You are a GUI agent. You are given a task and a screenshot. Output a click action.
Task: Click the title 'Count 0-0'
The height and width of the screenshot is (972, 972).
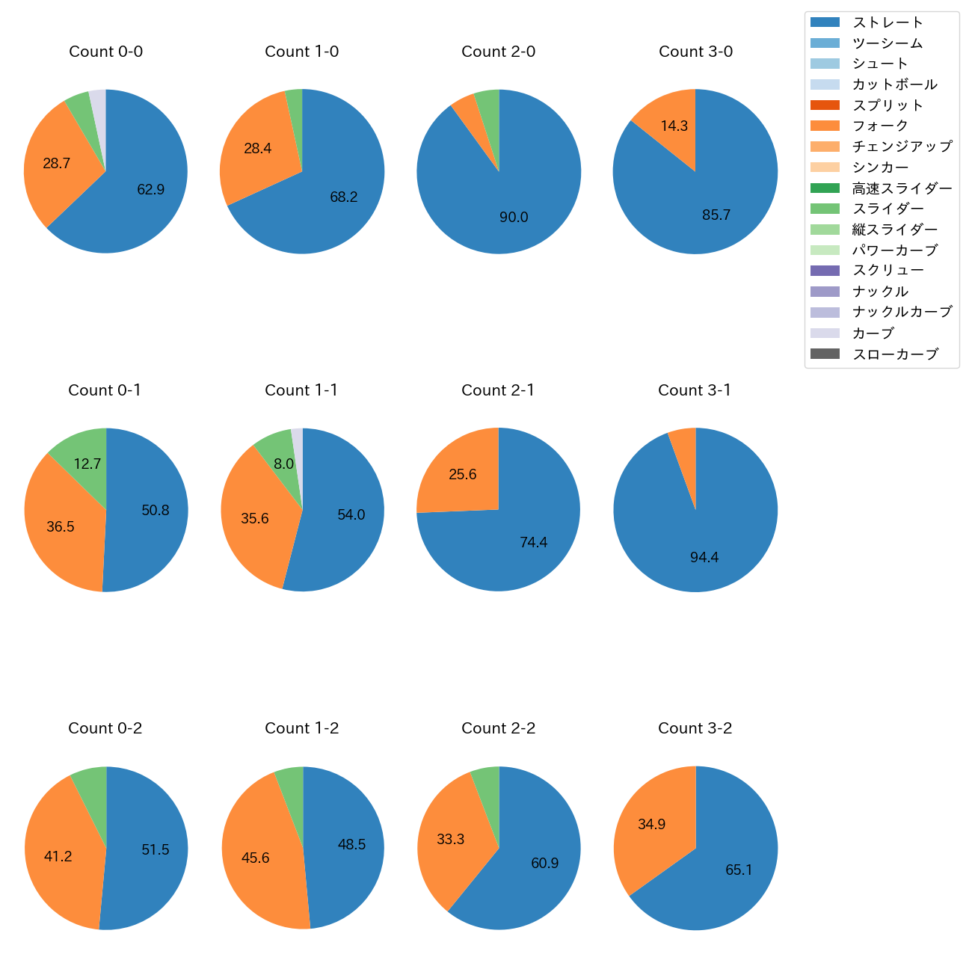click(105, 52)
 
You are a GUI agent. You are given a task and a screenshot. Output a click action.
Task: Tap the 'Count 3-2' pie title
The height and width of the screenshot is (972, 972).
click(695, 728)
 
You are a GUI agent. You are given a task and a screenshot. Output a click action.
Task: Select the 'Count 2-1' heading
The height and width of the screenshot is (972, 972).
click(498, 390)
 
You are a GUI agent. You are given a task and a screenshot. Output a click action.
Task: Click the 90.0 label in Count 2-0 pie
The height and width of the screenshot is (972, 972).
click(514, 218)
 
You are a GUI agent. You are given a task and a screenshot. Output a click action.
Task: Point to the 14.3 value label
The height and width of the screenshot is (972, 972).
click(674, 126)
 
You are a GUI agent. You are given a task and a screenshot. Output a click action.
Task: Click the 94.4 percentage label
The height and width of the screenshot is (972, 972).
click(704, 558)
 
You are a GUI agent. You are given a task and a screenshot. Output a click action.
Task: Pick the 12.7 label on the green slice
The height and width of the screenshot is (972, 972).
click(87, 464)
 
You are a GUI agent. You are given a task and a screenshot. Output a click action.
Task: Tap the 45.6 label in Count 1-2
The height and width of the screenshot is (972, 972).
click(255, 858)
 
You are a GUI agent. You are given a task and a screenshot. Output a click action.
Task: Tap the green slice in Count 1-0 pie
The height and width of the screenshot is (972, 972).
click(295, 120)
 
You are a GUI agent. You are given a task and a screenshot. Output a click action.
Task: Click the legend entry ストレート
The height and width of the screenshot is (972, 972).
click(888, 22)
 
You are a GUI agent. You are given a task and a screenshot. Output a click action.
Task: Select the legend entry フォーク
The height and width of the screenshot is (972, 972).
click(880, 126)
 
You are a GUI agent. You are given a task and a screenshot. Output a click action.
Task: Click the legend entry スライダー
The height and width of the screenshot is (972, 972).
click(888, 209)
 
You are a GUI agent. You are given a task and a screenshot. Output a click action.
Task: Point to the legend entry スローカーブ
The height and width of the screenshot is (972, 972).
click(895, 354)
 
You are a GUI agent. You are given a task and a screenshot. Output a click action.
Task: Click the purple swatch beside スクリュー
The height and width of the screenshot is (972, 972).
click(825, 271)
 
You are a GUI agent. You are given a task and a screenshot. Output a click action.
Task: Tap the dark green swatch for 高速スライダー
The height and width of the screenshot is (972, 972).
click(825, 188)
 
